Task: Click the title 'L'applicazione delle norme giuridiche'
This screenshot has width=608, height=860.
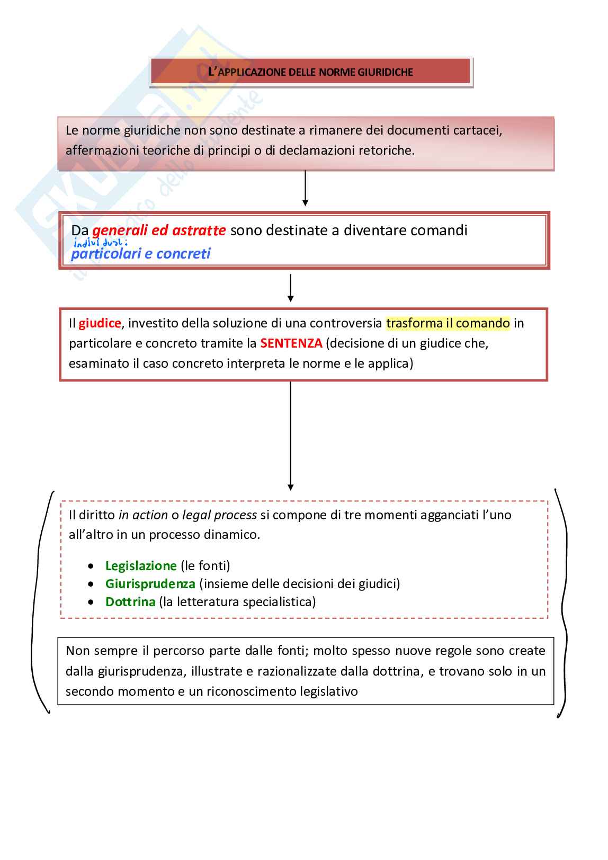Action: click(x=311, y=72)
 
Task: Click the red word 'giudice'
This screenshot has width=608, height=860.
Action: click(x=100, y=323)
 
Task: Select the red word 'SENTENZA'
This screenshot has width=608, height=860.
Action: click(x=291, y=343)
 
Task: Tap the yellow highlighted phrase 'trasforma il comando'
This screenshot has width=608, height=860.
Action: click(x=448, y=323)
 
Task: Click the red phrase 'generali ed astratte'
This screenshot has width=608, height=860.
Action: click(x=159, y=230)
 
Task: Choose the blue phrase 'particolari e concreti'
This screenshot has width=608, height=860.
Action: click(x=140, y=254)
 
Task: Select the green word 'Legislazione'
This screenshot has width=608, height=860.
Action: click(x=141, y=566)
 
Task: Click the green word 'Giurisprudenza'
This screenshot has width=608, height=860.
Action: click(x=150, y=584)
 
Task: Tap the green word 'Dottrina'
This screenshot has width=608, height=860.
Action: click(x=130, y=602)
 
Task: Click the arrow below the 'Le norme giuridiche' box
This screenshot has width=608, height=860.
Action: click(x=305, y=188)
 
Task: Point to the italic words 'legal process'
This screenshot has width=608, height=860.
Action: click(x=219, y=515)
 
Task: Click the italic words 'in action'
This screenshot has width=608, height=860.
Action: click(x=143, y=515)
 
